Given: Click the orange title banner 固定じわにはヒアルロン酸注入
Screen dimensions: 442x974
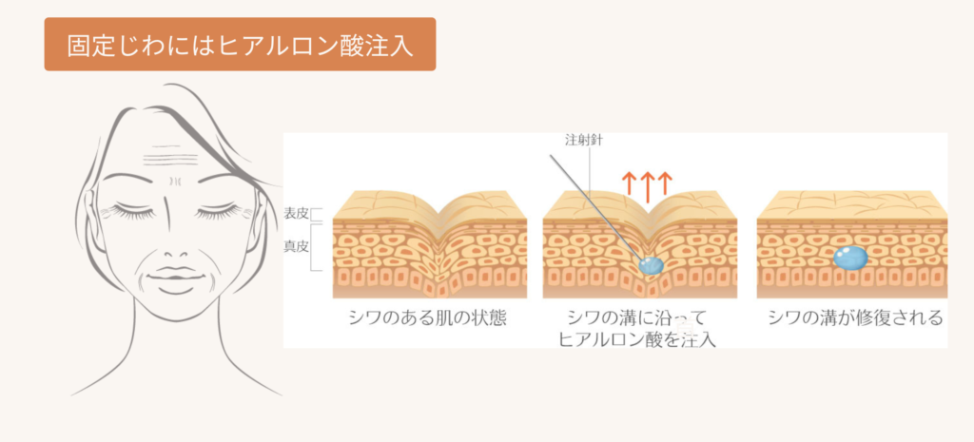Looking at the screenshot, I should tap(240, 44).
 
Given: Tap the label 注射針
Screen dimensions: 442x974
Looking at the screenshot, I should tap(584, 140).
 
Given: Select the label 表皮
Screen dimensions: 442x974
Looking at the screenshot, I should tap(297, 214).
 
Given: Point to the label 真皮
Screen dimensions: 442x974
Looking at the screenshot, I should tap(297, 246).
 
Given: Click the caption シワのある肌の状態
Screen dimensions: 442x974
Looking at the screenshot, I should tap(427, 317).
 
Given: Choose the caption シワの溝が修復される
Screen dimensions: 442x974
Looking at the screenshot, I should tap(855, 317).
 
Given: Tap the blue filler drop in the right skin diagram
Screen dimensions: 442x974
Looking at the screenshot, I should tap(849, 257).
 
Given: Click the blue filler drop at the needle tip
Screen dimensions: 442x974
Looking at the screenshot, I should tap(651, 266).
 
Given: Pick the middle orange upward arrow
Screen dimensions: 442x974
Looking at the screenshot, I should tap(647, 185).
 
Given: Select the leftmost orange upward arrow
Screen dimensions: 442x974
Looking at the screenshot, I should tap(629, 185).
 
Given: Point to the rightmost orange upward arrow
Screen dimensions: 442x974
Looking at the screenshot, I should tap(665, 185).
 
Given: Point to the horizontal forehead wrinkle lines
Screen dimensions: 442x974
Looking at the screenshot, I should tap(171, 152).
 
